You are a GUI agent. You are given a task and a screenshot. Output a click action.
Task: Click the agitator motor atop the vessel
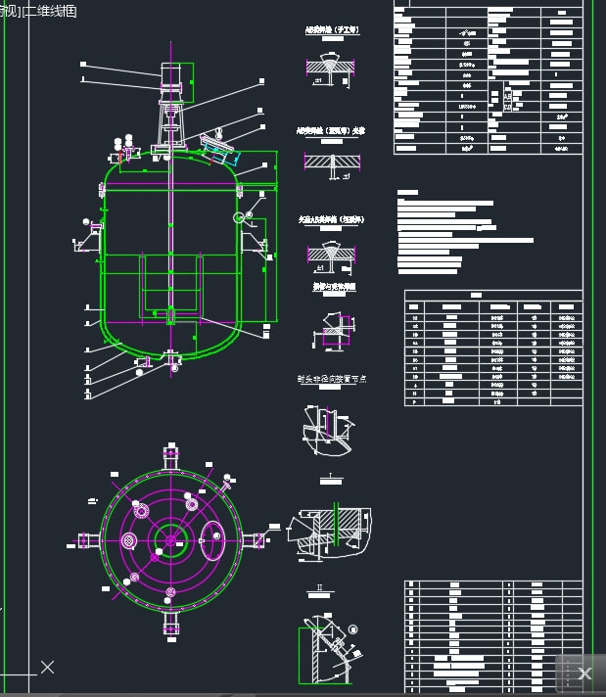(170, 77)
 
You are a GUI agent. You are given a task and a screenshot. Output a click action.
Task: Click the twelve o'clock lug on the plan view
(171, 456)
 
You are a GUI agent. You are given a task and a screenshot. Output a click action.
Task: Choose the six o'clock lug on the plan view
(171, 622)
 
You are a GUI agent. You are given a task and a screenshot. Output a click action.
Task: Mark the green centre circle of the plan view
(171, 539)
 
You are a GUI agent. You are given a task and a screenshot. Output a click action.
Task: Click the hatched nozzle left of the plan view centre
(141, 510)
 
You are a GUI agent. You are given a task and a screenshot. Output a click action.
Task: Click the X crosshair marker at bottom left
(47, 668)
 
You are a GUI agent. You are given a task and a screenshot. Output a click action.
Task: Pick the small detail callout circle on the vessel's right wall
(239, 217)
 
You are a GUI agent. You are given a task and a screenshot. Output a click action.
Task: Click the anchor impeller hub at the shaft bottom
(171, 315)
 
